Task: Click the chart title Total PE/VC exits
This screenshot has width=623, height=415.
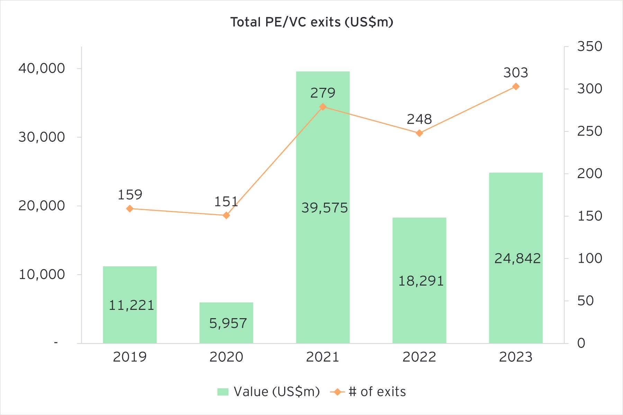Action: click(x=311, y=22)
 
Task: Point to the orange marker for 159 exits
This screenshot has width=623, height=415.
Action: click(x=130, y=209)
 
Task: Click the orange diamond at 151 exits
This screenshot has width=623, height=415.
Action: click(x=226, y=215)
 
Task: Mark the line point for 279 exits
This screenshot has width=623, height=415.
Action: click(x=323, y=107)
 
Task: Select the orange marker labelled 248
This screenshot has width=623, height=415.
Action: click(x=419, y=133)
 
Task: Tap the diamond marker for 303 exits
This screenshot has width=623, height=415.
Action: click(x=516, y=86)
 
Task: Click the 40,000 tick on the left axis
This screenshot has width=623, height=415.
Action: click(x=42, y=68)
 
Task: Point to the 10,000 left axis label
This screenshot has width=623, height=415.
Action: click(x=42, y=275)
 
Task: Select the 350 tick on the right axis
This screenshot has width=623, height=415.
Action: click(x=589, y=46)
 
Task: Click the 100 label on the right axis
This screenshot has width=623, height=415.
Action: click(x=589, y=258)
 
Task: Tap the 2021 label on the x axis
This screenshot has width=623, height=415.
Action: click(x=323, y=357)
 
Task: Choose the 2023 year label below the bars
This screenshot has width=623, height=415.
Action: click(x=516, y=357)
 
